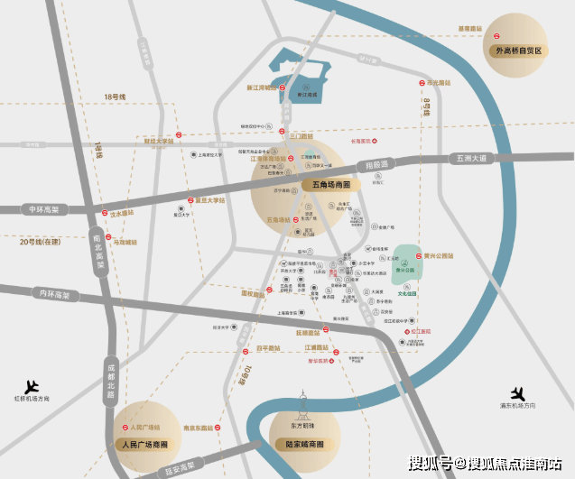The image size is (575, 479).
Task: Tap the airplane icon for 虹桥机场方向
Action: (x=34, y=385)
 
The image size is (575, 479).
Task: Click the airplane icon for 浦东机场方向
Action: (x=518, y=394)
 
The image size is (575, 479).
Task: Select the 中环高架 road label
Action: (x=42, y=209)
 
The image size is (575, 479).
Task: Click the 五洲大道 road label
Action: (x=466, y=159)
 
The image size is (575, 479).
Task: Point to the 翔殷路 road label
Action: (x=373, y=165)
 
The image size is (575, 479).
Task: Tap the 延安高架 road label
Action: (x=178, y=466)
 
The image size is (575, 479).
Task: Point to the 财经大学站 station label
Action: (x=158, y=141)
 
